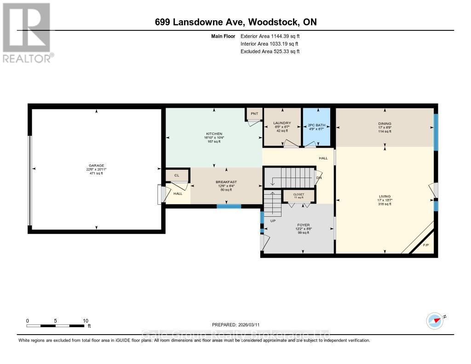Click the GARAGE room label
pyautogui.click(x=97, y=166)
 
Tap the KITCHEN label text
pyautogui.click(x=213, y=134)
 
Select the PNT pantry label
pyautogui.click(x=254, y=113)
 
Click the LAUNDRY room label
pyautogui.click(x=282, y=123)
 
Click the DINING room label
pyautogui.click(x=385, y=124)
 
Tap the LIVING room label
pyautogui.click(x=385, y=196)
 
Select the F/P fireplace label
pyautogui.click(x=426, y=245)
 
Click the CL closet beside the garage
pyautogui.click(x=177, y=175)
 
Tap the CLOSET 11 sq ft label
pyautogui.click(x=299, y=195)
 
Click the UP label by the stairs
pyautogui.click(x=272, y=221)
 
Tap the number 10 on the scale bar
pyautogui.click(x=85, y=320)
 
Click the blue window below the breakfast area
pyautogui.click(x=229, y=206)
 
